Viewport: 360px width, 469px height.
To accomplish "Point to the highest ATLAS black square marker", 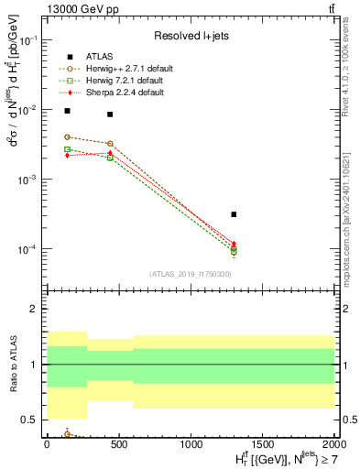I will pos(67,111).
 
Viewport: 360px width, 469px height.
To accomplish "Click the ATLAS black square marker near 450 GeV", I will pos(110,115).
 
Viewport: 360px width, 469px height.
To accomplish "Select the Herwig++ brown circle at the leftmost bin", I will pos(67,136).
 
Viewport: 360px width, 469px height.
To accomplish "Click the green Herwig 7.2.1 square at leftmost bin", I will pos(67,148).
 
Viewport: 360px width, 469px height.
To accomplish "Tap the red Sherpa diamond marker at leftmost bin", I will pos(67,156).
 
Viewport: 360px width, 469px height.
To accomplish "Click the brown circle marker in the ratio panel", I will pos(67,434).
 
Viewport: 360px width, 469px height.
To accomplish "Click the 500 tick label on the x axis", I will pos(118,445).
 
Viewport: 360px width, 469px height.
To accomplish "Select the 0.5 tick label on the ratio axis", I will pos(33,420).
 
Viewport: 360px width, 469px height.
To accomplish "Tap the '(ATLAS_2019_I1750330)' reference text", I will pos(191,274).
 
